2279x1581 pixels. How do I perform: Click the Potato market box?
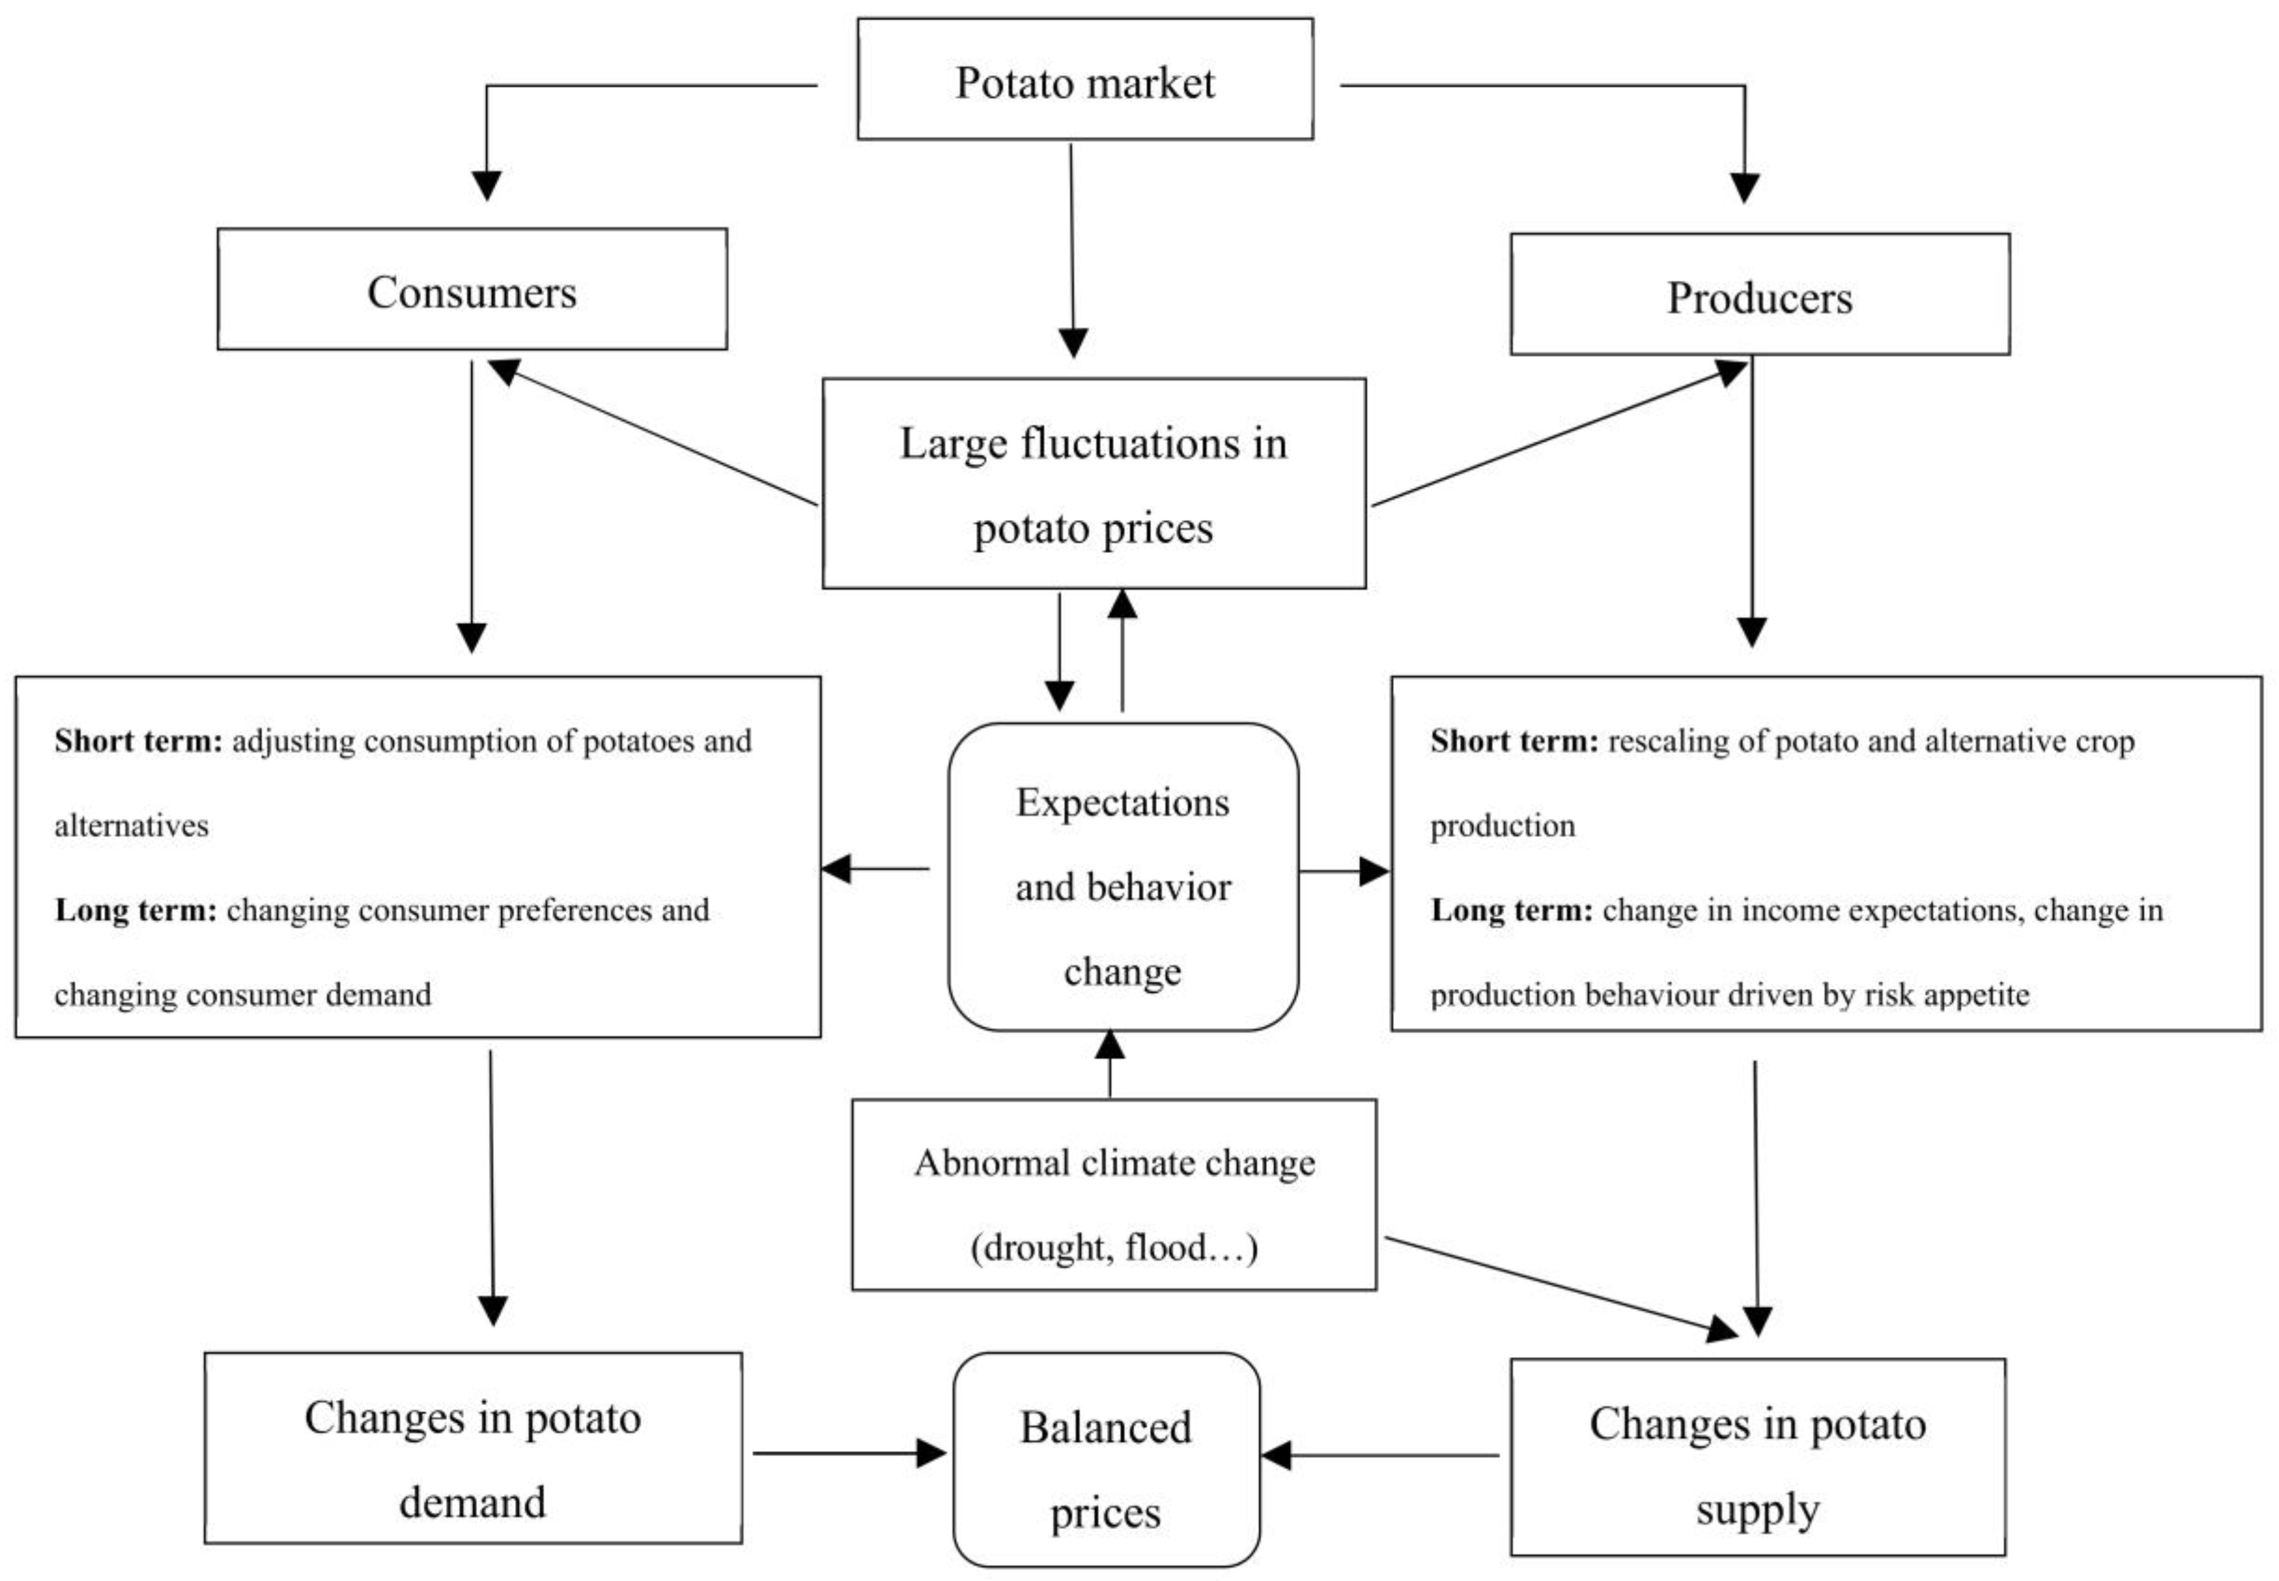pos(1085,79)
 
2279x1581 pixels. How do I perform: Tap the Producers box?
pos(1759,295)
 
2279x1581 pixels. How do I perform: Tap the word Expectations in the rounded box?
pos(1122,802)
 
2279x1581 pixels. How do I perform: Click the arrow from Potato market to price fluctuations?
pos(1072,248)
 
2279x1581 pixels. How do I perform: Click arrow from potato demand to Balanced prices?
pos(847,1453)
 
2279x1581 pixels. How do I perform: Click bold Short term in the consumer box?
pos(139,741)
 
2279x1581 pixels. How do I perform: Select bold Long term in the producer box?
pos(1510,909)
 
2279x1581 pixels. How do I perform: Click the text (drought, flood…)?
pos(1113,1247)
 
